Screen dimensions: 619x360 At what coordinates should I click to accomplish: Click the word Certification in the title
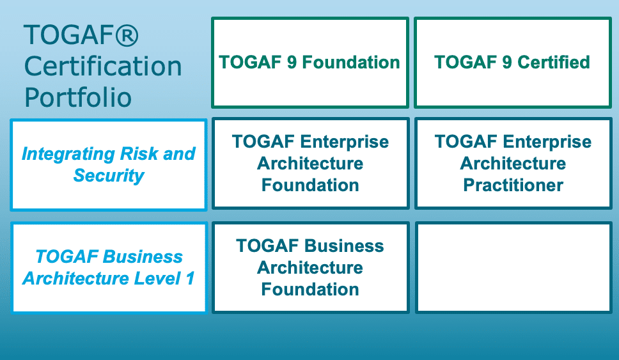pos(103,66)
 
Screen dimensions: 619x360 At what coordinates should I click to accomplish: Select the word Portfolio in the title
pos(78,97)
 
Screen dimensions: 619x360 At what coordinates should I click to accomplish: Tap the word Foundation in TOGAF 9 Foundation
pos(351,63)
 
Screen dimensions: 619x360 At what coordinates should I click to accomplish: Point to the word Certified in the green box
pos(554,62)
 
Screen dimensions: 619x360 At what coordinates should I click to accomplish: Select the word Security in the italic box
pos(109,176)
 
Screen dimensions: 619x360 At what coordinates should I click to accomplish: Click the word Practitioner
pos(513,185)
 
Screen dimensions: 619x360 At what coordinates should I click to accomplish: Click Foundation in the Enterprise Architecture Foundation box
pos(310,185)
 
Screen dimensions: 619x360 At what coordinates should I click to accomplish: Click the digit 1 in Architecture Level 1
pos(191,278)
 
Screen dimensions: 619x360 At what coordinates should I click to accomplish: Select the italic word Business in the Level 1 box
pos(143,256)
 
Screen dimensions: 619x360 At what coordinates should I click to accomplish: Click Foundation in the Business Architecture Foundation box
pos(310,289)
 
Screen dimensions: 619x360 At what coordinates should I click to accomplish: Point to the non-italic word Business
pos(344,246)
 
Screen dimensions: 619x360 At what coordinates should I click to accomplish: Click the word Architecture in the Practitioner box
pos(513,164)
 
